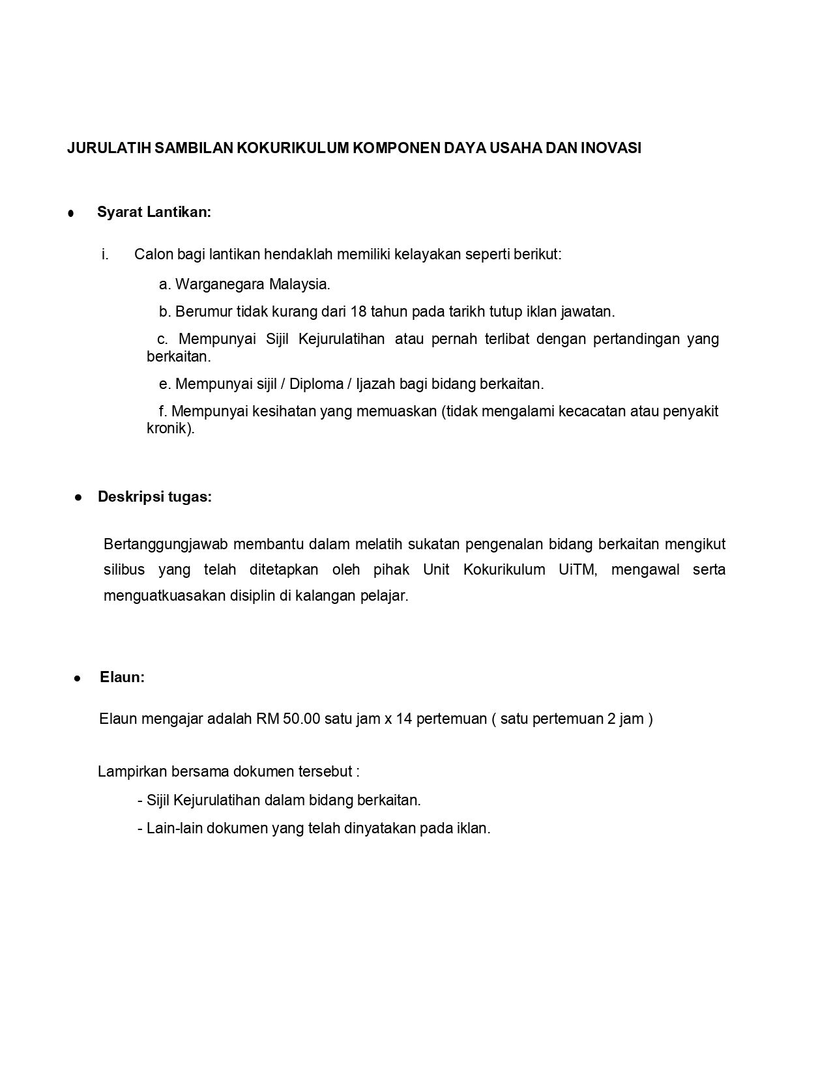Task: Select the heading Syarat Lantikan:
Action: [x=154, y=212]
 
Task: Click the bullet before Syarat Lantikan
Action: [x=70, y=213]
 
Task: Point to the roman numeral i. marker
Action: [x=105, y=254]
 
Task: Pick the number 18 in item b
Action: [x=358, y=311]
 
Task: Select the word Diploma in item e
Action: [x=316, y=384]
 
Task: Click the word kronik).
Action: [x=171, y=429]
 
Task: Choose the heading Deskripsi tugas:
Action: [x=154, y=496]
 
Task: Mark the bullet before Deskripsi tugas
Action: [x=78, y=497]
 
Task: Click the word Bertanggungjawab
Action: [x=164, y=544]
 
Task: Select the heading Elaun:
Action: [x=122, y=677]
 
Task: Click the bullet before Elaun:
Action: [x=78, y=678]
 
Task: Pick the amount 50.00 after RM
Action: [x=302, y=719]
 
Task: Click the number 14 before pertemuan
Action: [x=404, y=719]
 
